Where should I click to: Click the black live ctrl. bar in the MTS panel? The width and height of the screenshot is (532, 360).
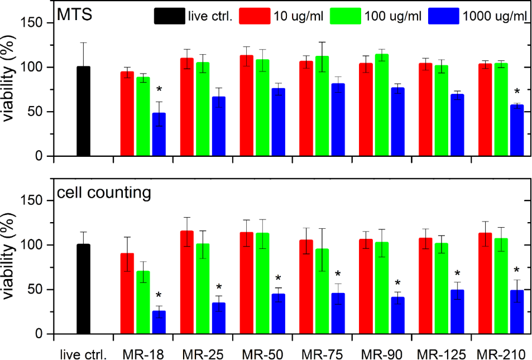pos(83,111)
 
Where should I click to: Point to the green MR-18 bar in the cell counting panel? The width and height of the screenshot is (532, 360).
pos(143,302)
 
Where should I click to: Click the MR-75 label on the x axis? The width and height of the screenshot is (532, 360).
pos(322,353)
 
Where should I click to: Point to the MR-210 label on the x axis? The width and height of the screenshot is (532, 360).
pos(501,353)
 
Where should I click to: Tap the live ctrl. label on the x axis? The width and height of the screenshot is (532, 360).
pos(83,353)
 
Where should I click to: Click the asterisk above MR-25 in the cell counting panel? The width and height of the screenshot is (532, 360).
pos(219,288)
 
